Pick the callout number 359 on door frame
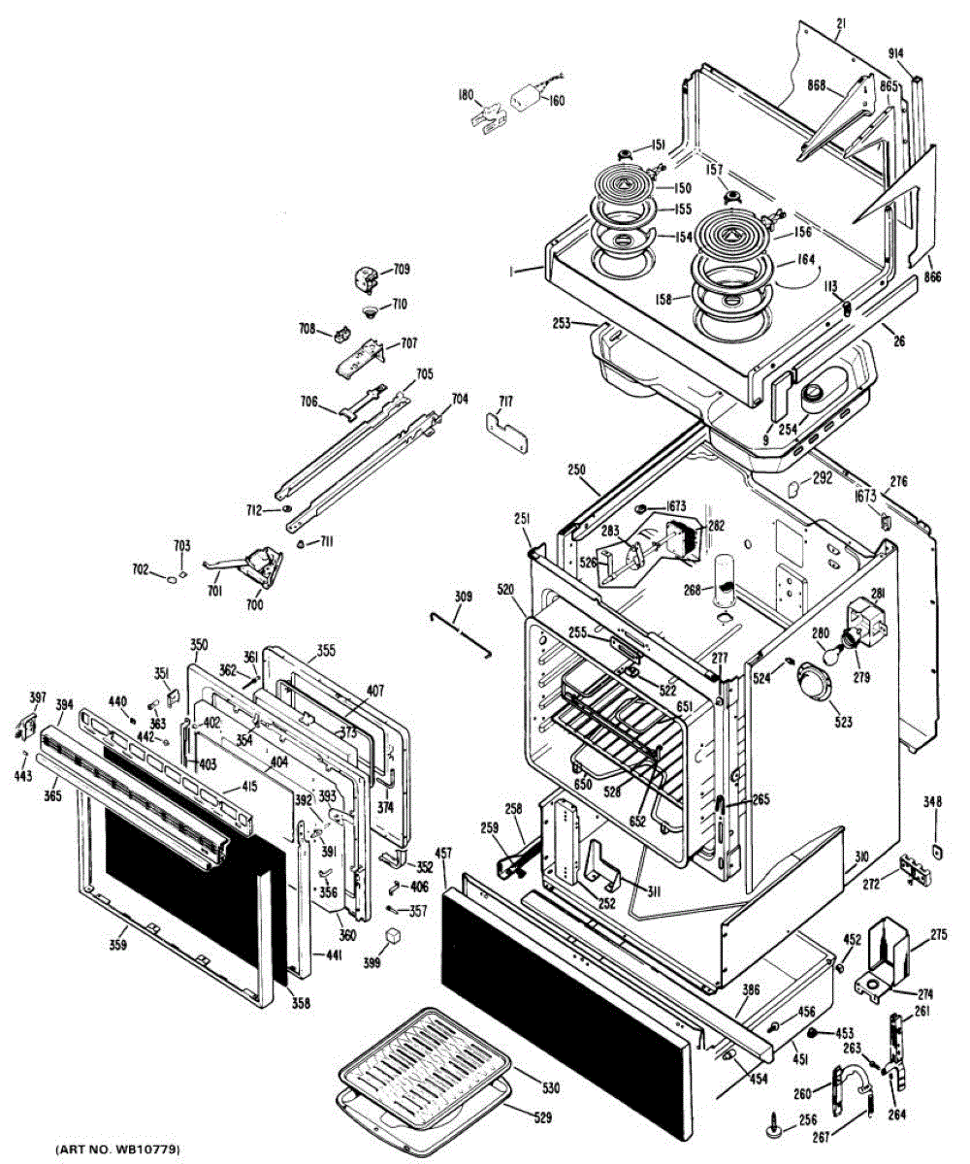[x=117, y=941]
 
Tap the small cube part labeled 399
[x=393, y=936]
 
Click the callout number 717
[x=506, y=401]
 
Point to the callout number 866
[x=931, y=276]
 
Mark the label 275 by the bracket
[x=938, y=935]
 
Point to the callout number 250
[x=578, y=469]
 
